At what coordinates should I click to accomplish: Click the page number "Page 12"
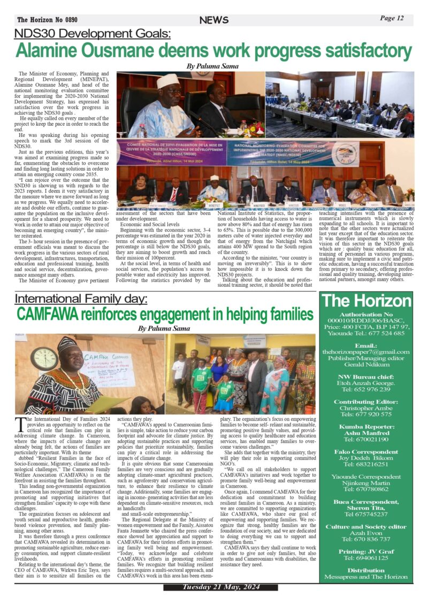(392, 19)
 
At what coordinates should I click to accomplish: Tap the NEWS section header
(213, 20)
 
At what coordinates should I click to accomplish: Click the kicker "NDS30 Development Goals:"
(93, 34)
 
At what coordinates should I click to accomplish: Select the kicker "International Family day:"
(81, 298)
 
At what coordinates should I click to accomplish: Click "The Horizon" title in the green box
(366, 301)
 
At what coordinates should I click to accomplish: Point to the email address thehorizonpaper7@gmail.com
(366, 351)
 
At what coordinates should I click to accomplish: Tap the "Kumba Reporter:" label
(366, 426)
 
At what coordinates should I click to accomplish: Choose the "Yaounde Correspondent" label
(366, 476)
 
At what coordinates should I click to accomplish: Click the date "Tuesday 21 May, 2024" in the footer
(221, 587)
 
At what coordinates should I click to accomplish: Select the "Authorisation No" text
(366, 315)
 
